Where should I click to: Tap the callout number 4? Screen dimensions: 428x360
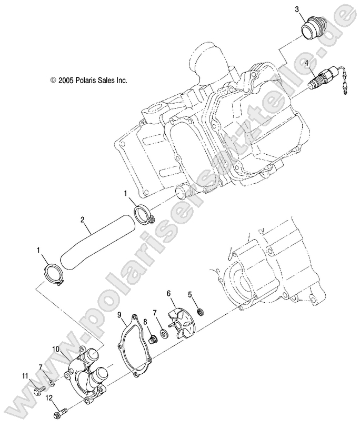[307, 63]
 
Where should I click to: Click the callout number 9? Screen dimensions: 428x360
[119, 315]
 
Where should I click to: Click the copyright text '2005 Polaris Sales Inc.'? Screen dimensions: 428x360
[89, 81]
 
